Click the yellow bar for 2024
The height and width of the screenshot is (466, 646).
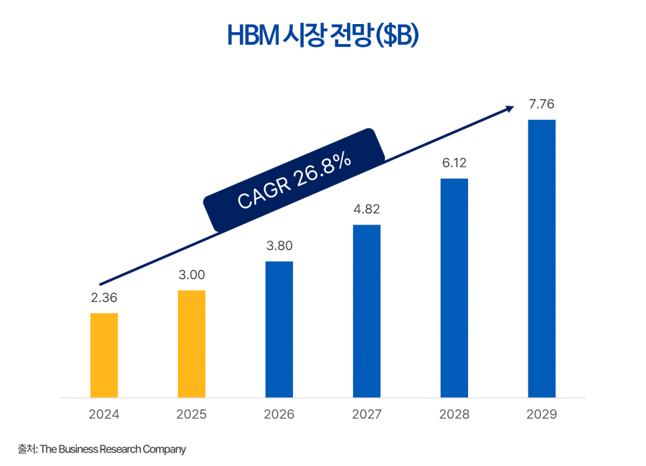coord(104,355)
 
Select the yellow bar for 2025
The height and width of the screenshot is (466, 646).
coord(191,344)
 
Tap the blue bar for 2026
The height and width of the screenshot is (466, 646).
coord(279,329)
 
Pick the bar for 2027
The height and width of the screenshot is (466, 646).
coord(366,311)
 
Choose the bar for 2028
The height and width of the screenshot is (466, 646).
coord(454,287)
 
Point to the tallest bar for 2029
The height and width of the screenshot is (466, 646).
coord(542,258)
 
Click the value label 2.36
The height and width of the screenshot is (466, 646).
coord(104,298)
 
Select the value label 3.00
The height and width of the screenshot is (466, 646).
coord(191,275)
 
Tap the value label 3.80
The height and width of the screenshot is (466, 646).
coord(279,246)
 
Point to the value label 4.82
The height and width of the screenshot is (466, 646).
coord(366,209)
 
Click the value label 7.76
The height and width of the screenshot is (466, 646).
coord(542,104)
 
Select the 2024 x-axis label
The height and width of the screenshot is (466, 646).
coord(104,415)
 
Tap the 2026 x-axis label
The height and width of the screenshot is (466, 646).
coord(279,415)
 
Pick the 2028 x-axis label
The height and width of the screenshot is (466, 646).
coord(454,415)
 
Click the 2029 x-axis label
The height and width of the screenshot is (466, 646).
coord(542,415)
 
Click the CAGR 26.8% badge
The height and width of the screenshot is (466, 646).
coord(294,181)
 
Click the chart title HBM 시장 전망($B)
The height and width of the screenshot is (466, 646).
coord(322,36)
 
